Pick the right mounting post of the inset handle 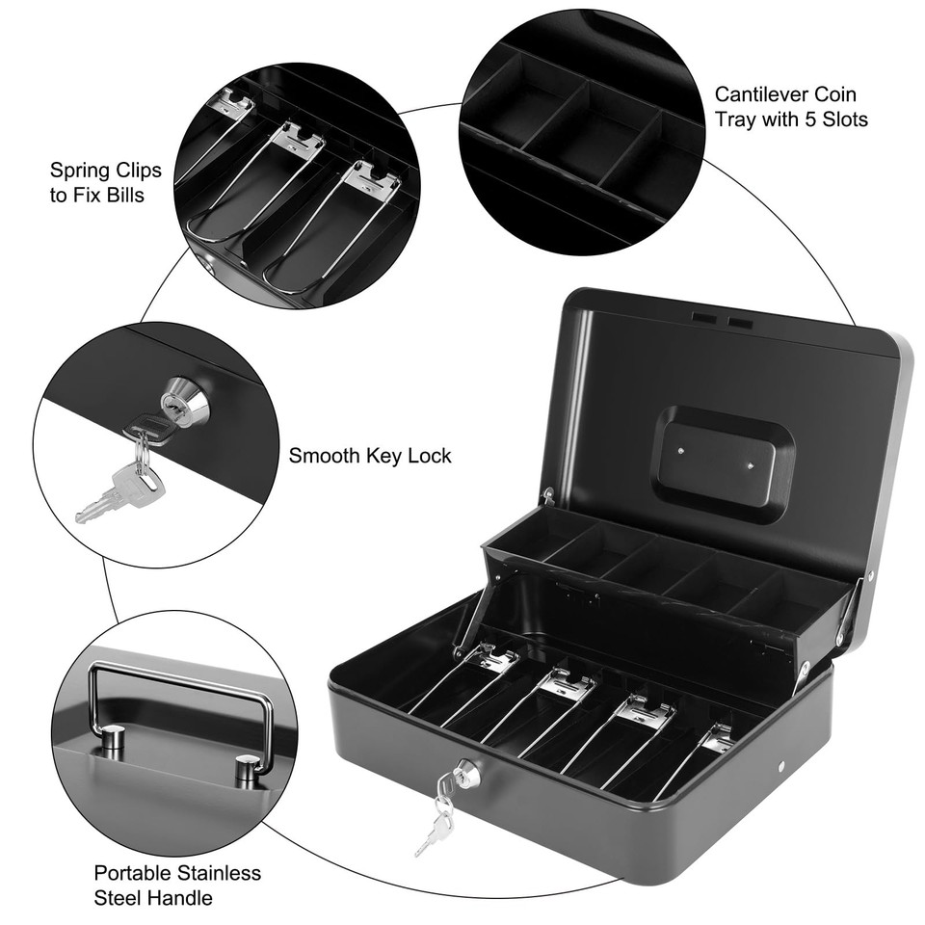click(248, 770)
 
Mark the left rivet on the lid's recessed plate click(680, 449)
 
